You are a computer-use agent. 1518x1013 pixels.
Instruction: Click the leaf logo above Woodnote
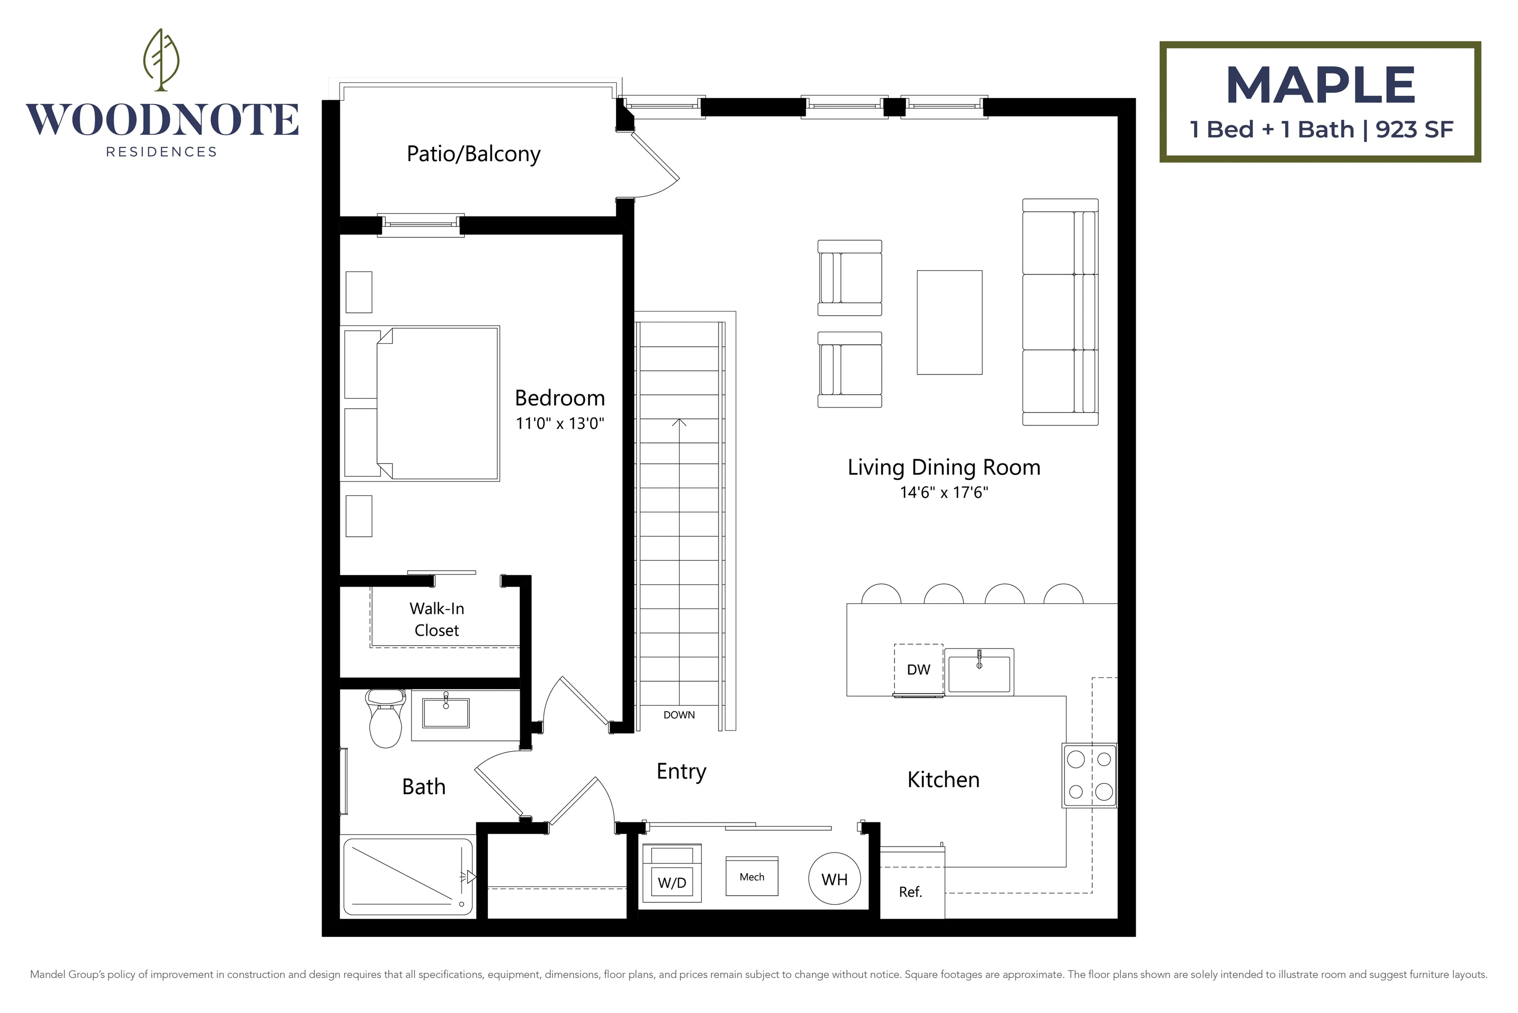tap(161, 59)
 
